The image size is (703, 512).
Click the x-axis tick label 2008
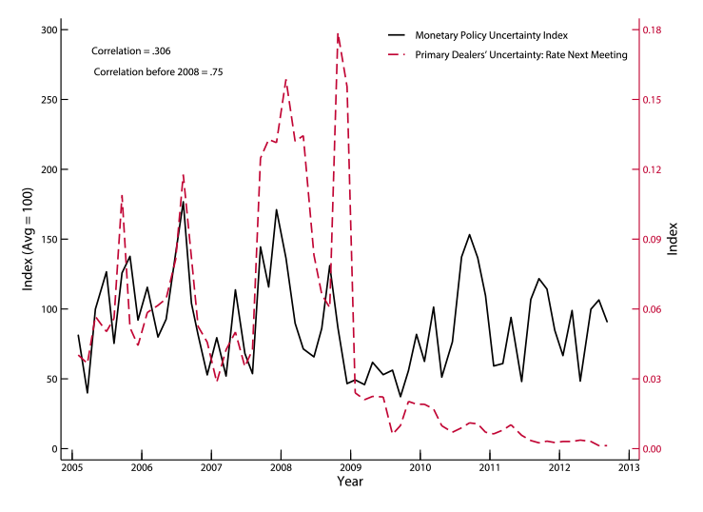pyautogui.click(x=281, y=467)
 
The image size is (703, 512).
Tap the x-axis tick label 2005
pyautogui.click(x=71, y=467)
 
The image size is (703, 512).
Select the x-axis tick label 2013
pyautogui.click(x=629, y=467)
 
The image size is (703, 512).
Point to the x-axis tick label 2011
pyautogui.click(x=490, y=467)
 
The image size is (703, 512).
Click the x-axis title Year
pyautogui.click(x=349, y=482)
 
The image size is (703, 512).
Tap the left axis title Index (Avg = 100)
pyautogui.click(x=22, y=240)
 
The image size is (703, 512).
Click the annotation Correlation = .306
pyautogui.click(x=132, y=49)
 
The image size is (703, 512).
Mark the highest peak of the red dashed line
pyautogui.click(x=338, y=34)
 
